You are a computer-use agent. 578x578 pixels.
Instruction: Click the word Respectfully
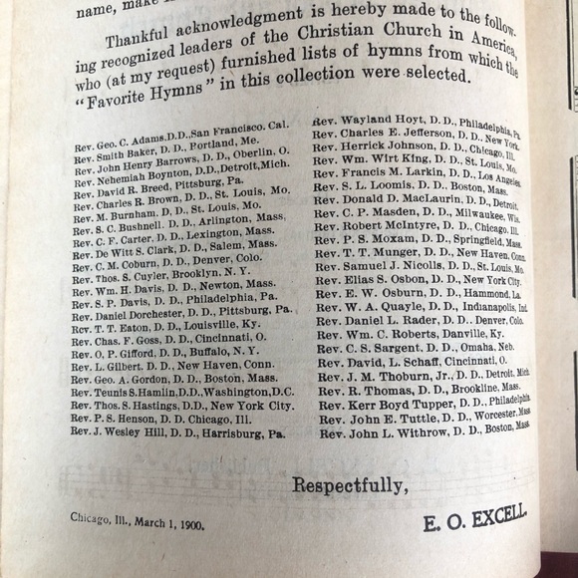click(x=350, y=485)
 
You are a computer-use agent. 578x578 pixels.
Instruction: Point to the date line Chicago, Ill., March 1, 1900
click(x=138, y=518)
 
